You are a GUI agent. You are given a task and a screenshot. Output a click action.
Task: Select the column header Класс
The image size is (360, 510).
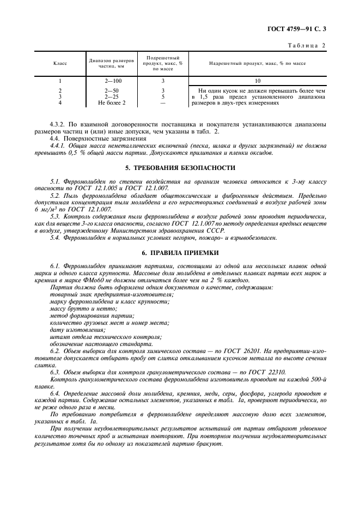point(60,64)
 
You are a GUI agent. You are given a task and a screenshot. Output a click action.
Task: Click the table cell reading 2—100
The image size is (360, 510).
point(113,81)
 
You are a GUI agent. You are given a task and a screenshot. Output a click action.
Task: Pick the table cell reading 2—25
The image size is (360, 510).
point(113,96)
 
